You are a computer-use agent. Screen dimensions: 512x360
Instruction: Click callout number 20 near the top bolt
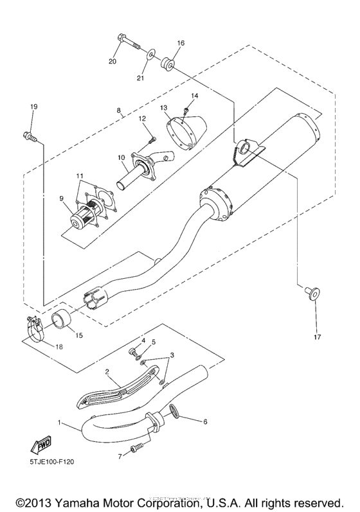pos(113,62)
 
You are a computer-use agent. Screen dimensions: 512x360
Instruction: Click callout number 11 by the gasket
pos(79,176)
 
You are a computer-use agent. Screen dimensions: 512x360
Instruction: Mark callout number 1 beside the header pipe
pos(60,423)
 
